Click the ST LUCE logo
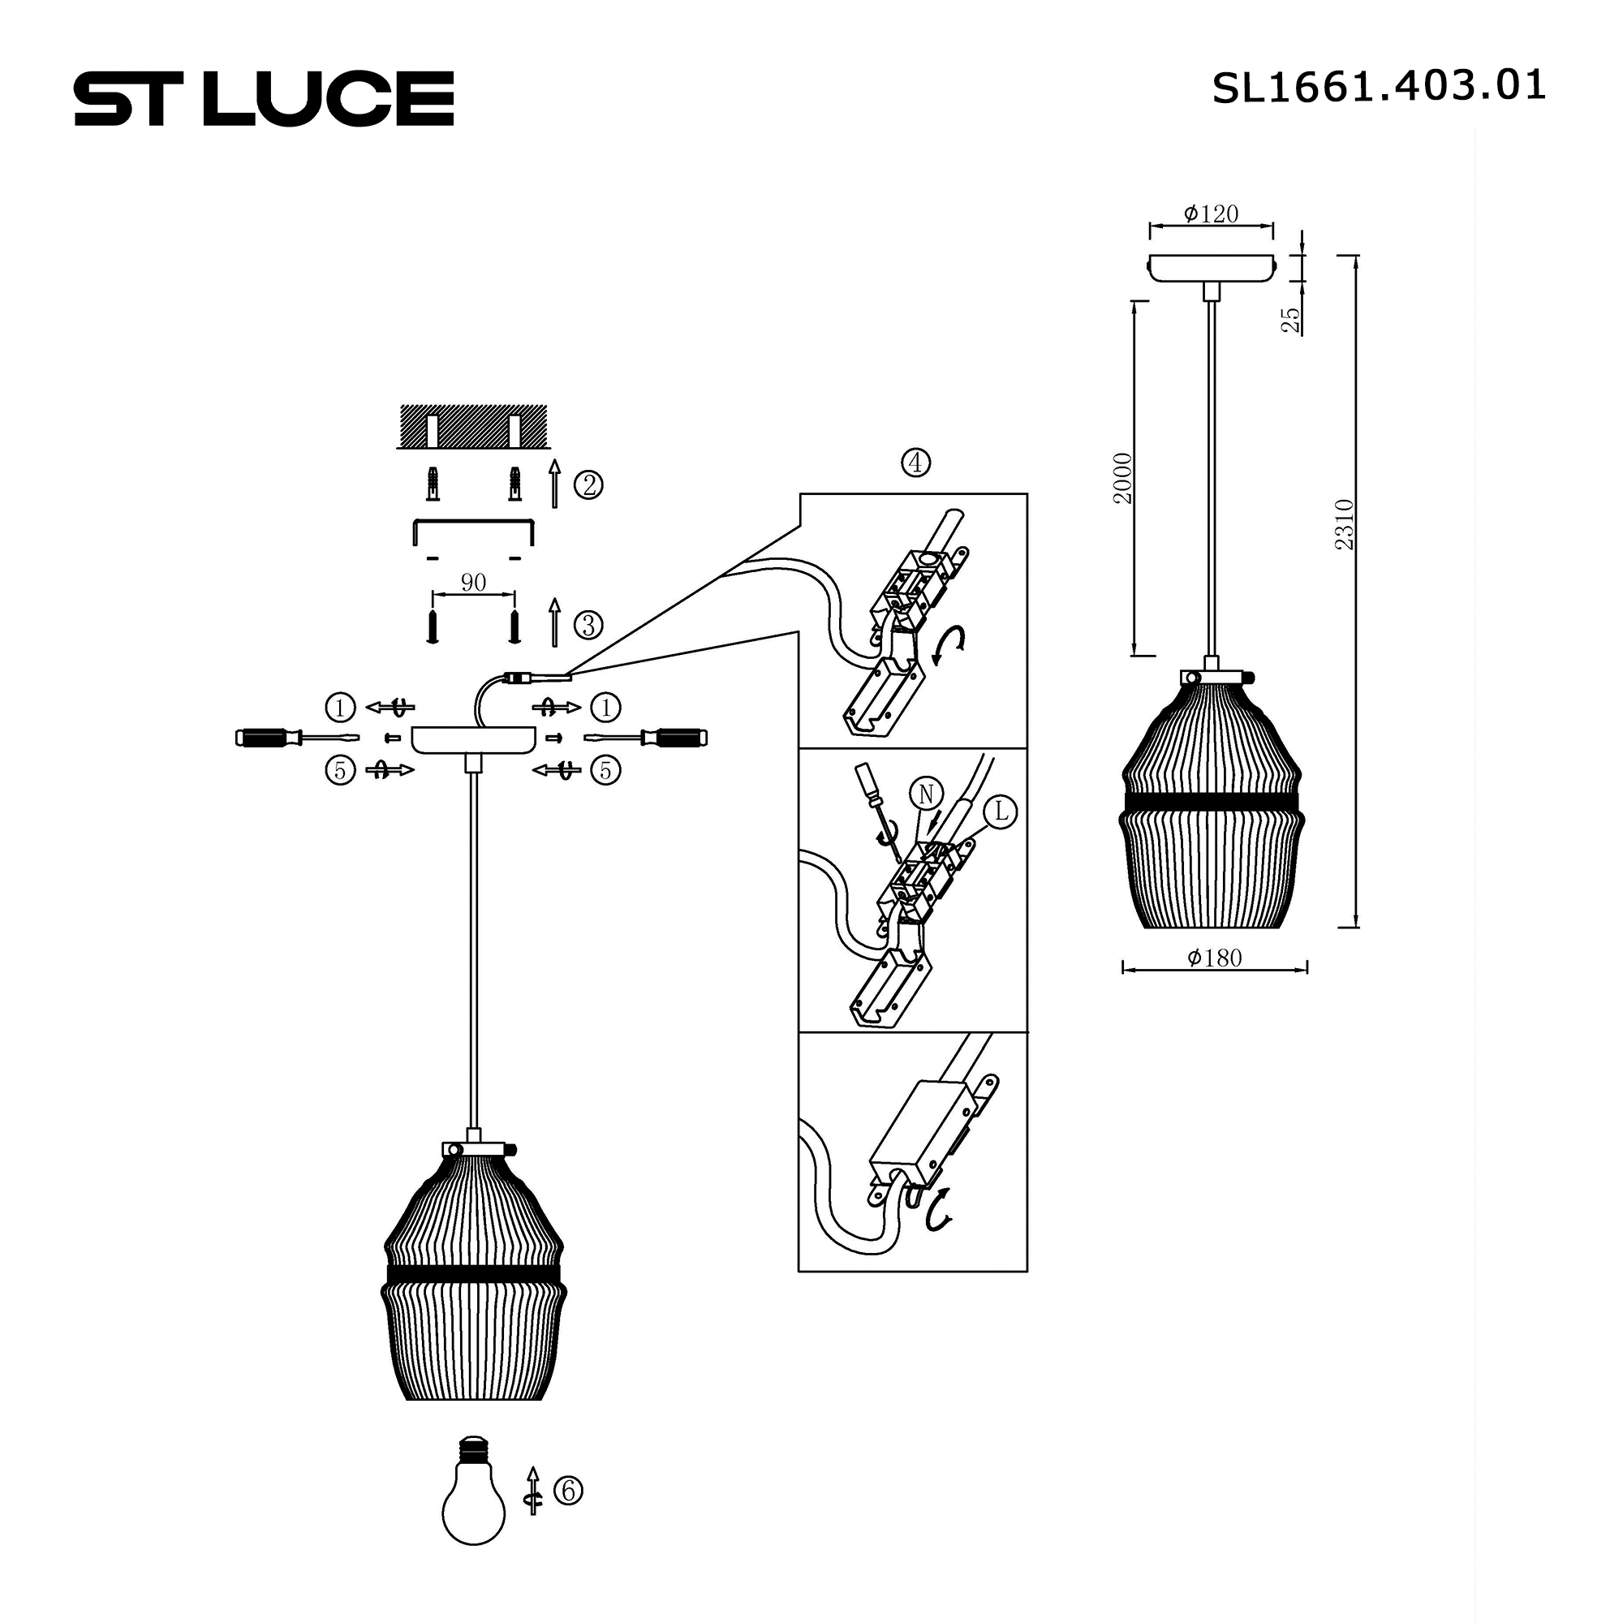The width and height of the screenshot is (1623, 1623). [264, 98]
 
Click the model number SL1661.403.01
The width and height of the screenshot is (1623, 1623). [1378, 87]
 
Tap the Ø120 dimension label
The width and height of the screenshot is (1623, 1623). [1211, 214]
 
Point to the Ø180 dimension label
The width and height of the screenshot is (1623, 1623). [1214, 958]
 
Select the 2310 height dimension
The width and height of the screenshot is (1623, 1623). [1345, 524]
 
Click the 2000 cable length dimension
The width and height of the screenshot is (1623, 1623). [1122, 478]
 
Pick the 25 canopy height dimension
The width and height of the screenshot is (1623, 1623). [1290, 319]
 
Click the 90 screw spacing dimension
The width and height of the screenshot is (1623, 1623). [473, 582]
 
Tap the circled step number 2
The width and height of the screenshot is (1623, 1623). [588, 484]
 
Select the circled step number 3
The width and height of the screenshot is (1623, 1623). [588, 625]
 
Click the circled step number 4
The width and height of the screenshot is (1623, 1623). [915, 462]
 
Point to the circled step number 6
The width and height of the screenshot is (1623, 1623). [569, 1490]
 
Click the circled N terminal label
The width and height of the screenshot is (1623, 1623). [926, 794]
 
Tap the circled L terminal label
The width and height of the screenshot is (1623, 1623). [1001, 811]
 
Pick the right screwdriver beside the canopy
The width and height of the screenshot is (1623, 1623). [647, 738]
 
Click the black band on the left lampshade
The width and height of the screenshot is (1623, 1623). [474, 1273]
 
